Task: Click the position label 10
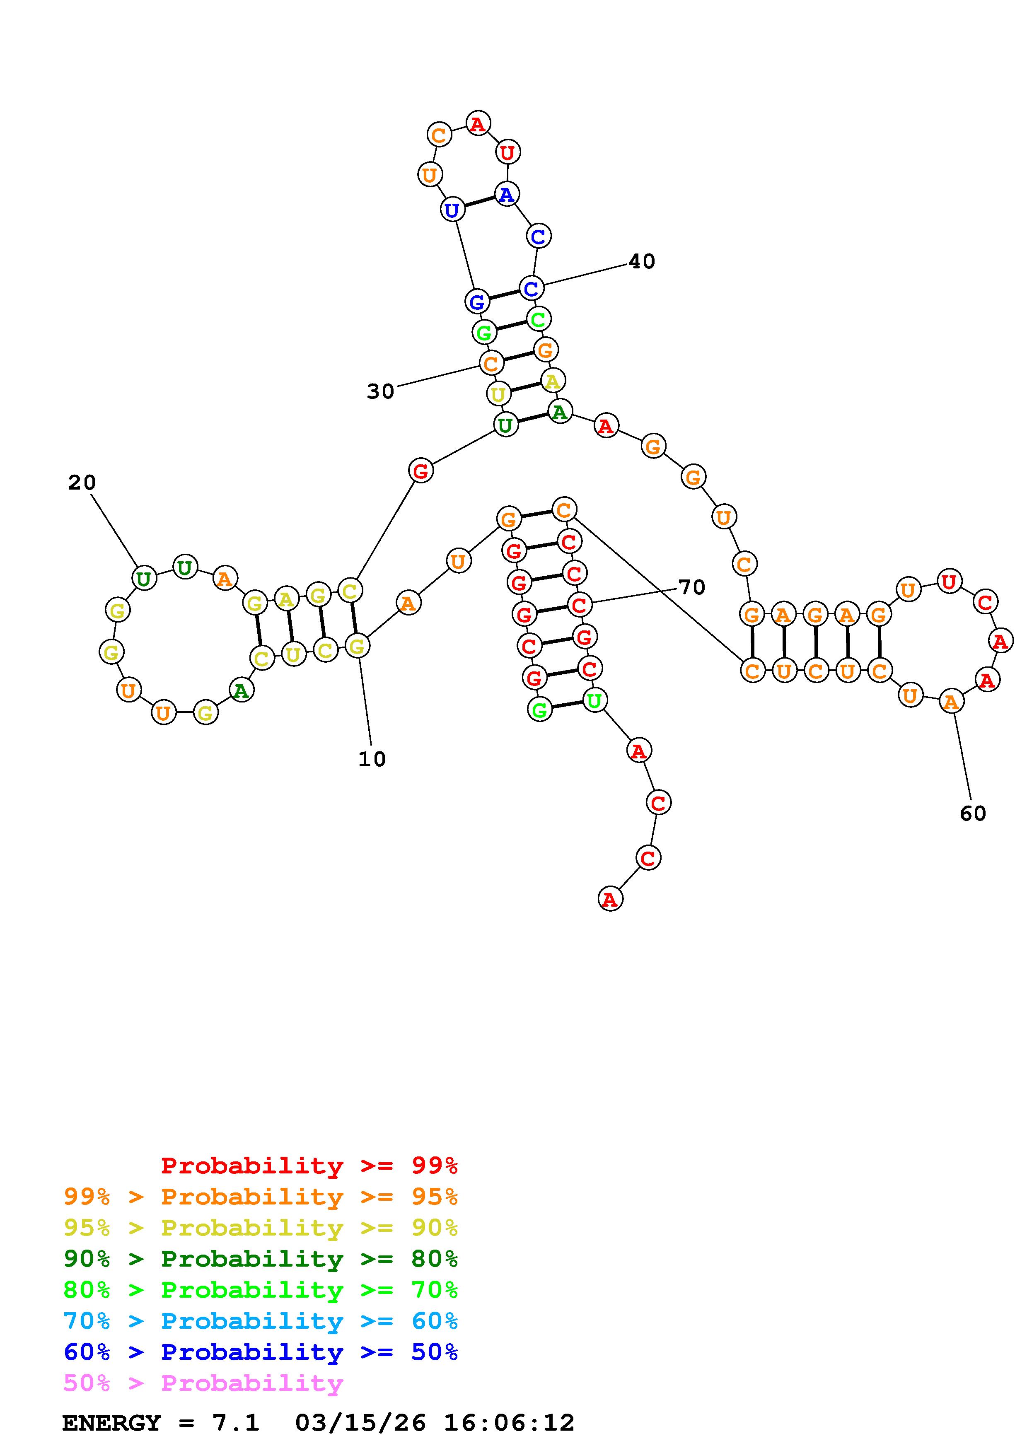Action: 372,759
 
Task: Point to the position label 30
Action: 380,392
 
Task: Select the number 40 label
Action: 642,261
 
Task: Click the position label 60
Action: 973,813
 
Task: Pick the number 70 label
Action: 691,587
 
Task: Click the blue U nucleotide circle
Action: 452,210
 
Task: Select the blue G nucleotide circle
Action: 477,301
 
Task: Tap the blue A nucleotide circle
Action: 506,194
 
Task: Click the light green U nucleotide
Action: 594,700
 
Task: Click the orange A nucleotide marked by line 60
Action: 951,701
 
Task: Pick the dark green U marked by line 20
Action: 144,578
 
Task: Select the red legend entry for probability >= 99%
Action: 309,1166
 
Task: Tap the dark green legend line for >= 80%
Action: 261,1259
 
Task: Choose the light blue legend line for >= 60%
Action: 261,1321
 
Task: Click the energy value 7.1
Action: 235,1423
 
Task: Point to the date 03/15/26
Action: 361,1423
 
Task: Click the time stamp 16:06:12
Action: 510,1423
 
